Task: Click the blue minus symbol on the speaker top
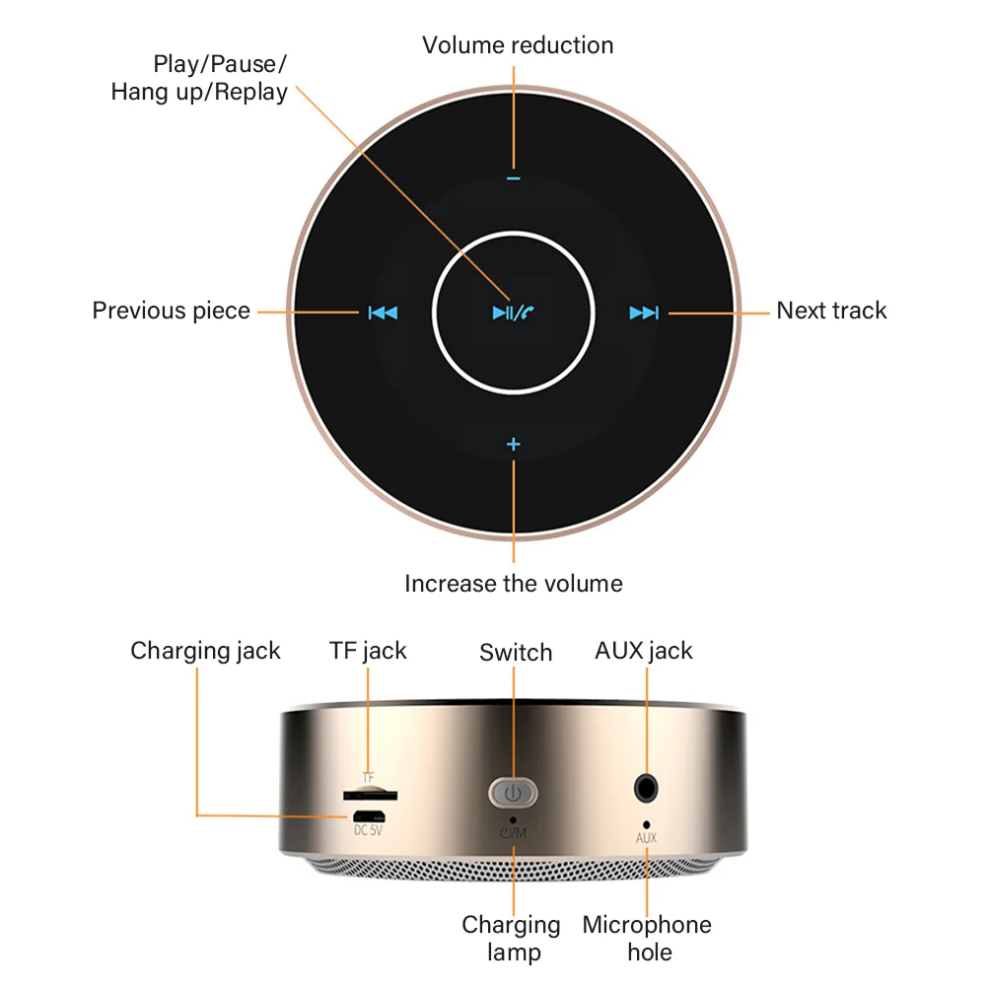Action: pos(513,178)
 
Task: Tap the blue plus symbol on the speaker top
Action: pos(513,445)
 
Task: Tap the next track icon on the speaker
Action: pos(644,314)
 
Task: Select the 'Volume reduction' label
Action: pos(518,45)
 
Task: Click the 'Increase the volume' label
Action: pos(514,583)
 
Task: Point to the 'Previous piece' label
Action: pos(172,311)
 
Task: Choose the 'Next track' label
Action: pos(831,311)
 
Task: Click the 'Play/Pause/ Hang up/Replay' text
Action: pos(199,79)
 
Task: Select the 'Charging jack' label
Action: pos(205,651)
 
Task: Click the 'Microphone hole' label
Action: pos(647,938)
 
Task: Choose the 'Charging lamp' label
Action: pos(511,938)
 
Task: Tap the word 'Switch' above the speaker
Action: pos(516,653)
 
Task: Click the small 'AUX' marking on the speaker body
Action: pos(646,839)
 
